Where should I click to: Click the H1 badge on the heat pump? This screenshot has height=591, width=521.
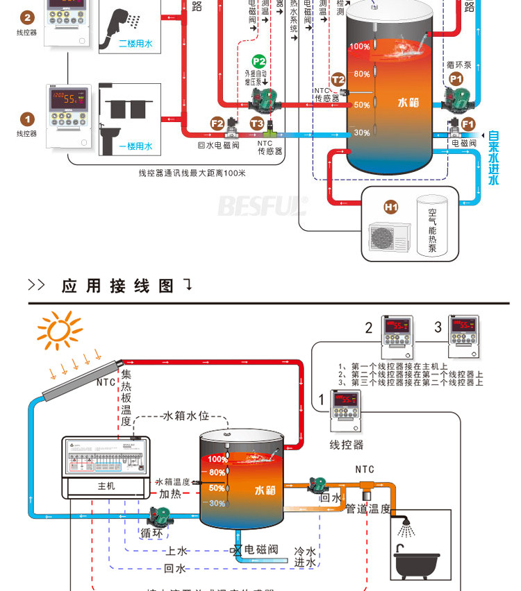coord(391,207)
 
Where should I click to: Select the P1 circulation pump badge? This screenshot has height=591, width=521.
coord(456,80)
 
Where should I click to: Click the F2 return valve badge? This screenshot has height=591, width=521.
coord(217,123)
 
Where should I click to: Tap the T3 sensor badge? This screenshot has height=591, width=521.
coord(257,123)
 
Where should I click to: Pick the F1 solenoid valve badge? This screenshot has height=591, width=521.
coord(468,124)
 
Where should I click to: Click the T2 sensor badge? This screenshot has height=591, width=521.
coord(338,79)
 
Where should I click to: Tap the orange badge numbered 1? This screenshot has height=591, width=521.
coord(27,119)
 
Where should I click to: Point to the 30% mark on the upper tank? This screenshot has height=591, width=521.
coord(361,132)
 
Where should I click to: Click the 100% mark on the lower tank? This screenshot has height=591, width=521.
coord(217,459)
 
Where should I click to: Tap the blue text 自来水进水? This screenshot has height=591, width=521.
coord(494,157)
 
